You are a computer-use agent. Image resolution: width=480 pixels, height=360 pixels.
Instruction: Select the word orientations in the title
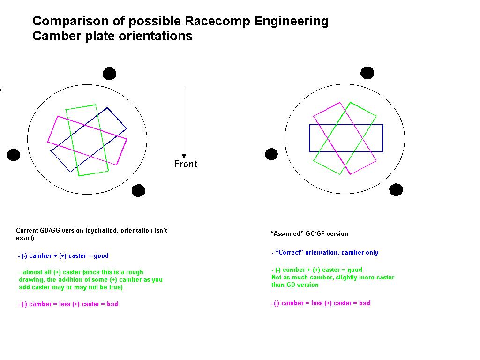click(x=155, y=36)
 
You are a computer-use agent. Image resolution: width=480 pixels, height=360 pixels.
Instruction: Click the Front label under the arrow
click(x=186, y=164)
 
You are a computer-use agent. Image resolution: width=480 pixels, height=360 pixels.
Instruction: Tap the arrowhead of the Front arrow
click(x=184, y=156)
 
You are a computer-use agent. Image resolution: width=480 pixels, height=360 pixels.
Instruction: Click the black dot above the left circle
click(x=110, y=74)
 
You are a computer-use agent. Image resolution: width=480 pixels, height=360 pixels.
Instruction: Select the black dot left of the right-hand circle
click(x=271, y=154)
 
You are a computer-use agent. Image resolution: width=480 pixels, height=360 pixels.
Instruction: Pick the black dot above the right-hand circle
click(x=367, y=73)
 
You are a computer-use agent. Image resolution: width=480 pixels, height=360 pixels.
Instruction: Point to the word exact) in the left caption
click(x=25, y=238)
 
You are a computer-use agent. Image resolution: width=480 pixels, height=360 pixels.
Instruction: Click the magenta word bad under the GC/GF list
click(x=365, y=303)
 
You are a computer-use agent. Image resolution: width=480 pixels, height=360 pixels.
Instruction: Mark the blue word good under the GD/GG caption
click(x=101, y=256)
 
